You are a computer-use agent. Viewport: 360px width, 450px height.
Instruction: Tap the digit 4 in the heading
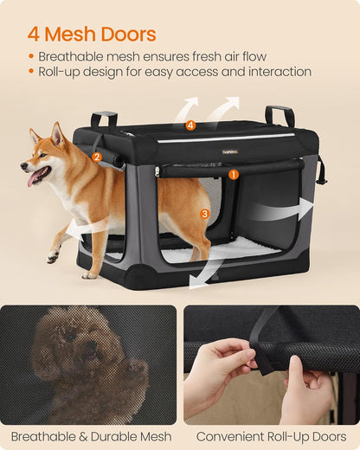tap(34, 35)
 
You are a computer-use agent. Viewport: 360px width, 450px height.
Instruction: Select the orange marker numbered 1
tap(233, 174)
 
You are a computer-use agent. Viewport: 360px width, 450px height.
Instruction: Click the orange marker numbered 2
tap(97, 157)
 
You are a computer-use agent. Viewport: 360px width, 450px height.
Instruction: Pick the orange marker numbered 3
tap(204, 213)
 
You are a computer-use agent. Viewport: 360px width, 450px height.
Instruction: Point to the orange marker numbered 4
tap(190, 125)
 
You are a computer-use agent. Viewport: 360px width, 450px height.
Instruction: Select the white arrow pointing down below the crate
tap(204, 273)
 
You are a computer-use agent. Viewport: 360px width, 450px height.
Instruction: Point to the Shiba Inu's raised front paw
tap(53, 256)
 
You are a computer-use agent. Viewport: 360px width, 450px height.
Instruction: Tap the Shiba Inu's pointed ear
tap(58, 133)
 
